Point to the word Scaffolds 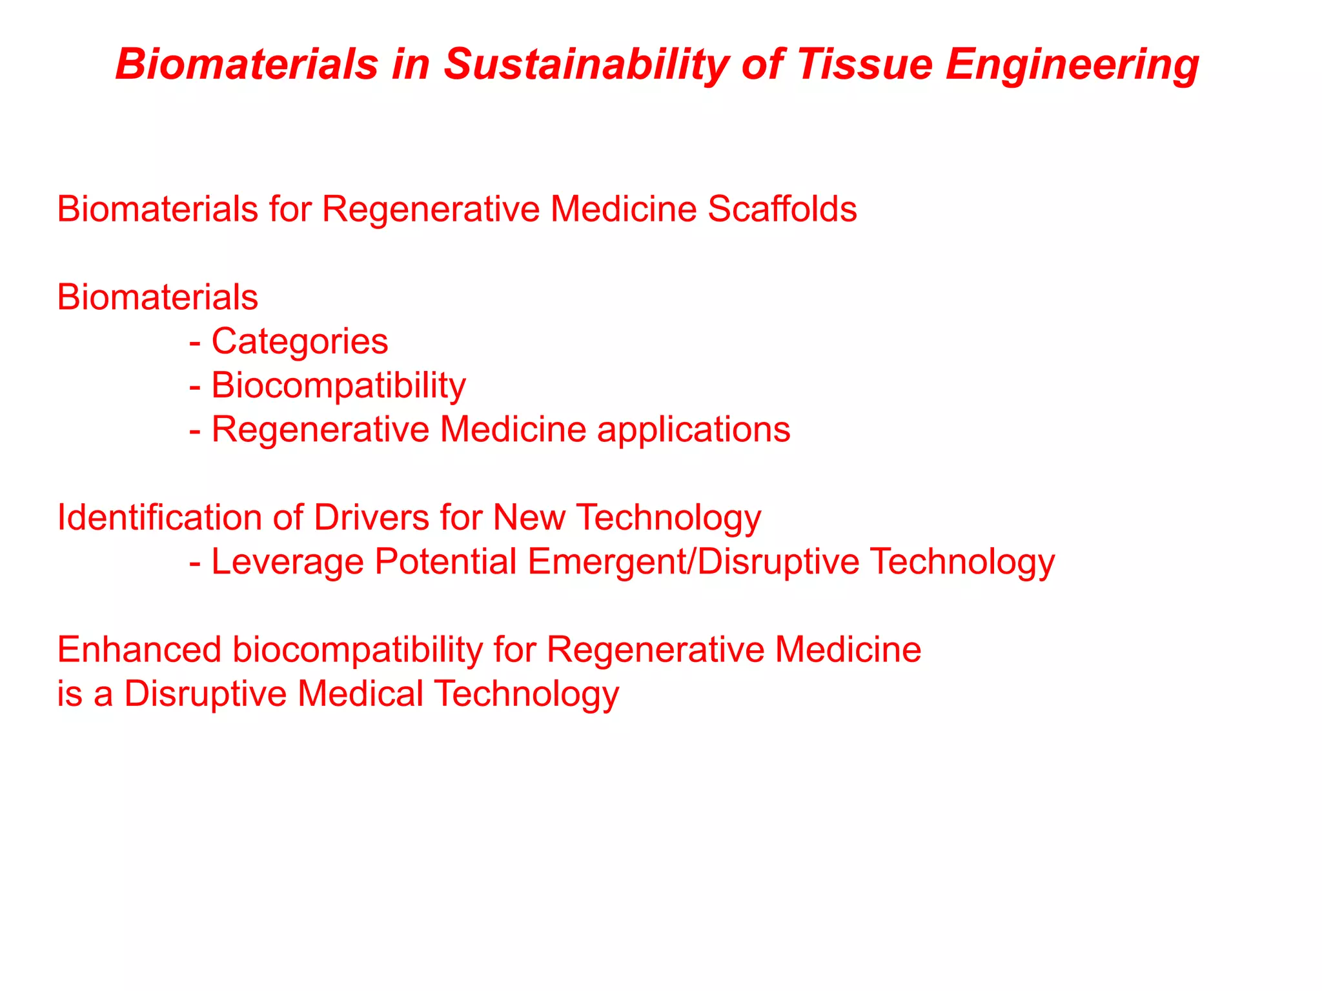782,209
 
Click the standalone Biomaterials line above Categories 158,297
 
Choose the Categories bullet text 300,341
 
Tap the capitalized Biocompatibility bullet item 338,386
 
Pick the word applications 693,430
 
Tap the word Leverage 287,562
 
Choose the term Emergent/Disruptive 693,561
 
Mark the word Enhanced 139,650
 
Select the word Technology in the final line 527,694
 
